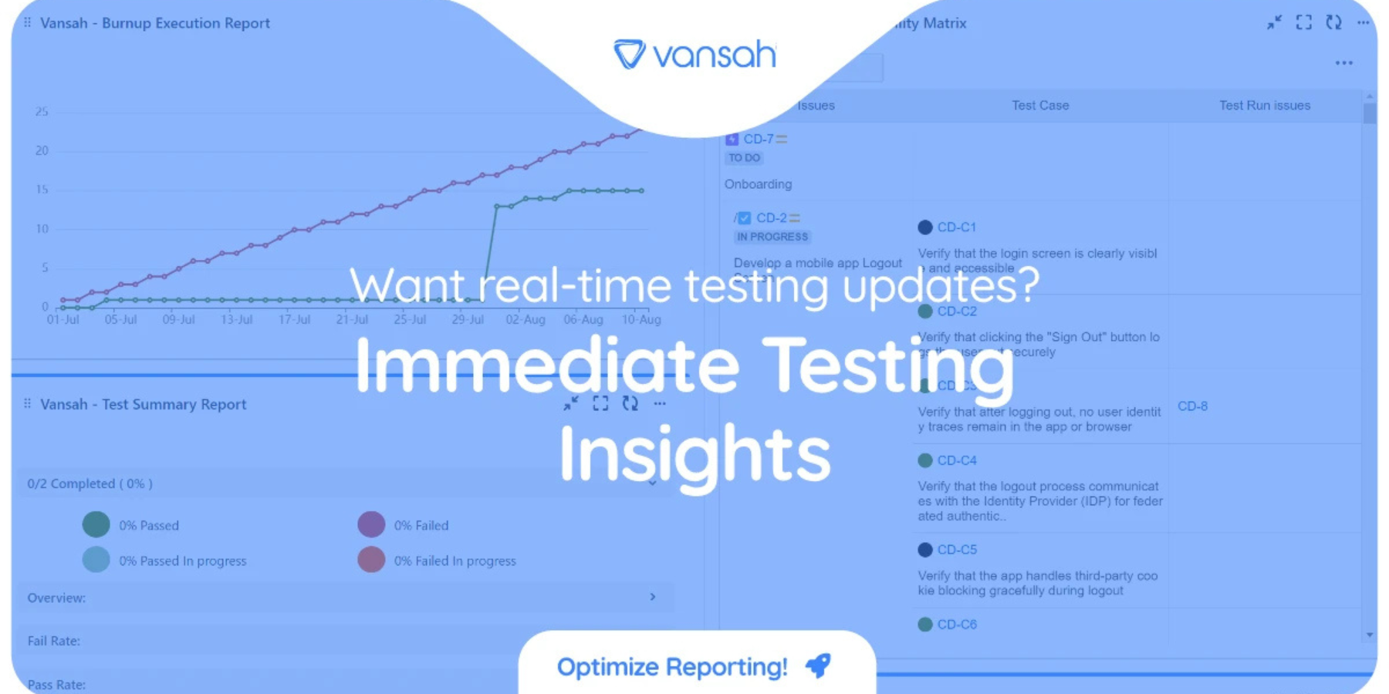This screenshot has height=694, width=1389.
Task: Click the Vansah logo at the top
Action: click(x=694, y=54)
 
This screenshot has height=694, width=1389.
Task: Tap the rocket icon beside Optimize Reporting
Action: click(x=818, y=665)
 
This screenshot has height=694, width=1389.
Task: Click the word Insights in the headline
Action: click(x=694, y=455)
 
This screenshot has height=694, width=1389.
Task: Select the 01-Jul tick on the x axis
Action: click(x=63, y=319)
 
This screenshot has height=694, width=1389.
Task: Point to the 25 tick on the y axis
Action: click(x=42, y=112)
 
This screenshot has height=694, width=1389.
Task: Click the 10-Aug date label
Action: click(x=640, y=319)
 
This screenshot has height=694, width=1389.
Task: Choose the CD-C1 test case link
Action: click(x=956, y=227)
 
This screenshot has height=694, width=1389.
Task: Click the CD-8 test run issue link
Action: click(x=1192, y=406)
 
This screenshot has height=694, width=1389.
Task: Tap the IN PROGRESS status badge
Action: click(x=772, y=237)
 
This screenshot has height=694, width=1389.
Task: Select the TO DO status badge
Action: click(x=744, y=158)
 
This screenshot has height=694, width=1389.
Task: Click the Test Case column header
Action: click(x=1040, y=106)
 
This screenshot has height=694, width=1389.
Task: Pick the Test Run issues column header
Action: click(x=1264, y=106)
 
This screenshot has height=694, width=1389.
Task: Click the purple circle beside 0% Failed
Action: click(x=371, y=524)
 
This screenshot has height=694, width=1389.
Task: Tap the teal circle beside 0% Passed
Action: click(x=96, y=524)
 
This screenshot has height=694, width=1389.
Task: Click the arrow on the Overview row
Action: click(x=653, y=597)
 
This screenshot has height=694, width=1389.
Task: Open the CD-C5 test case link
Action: click(x=956, y=550)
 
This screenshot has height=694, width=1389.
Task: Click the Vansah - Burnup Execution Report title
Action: click(x=154, y=23)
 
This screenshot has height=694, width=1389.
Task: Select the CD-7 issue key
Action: click(x=758, y=140)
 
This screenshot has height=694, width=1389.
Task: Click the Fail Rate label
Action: click(x=53, y=641)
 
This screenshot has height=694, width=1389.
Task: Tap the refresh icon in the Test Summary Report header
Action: click(x=630, y=403)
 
